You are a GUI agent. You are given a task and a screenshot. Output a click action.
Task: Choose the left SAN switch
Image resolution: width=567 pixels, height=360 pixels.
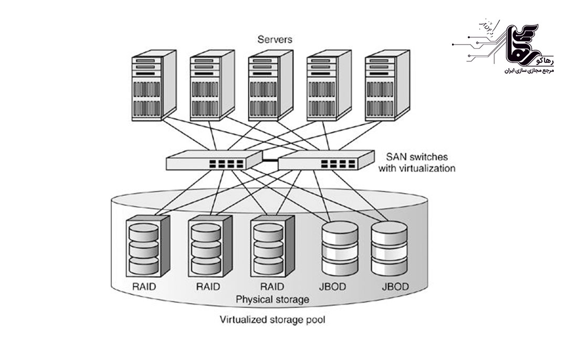(214, 160)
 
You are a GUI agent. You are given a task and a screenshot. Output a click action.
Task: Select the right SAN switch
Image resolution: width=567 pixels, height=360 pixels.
(325, 160)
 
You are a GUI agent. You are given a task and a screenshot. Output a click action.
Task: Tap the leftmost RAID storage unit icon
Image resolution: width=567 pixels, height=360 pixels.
(149, 246)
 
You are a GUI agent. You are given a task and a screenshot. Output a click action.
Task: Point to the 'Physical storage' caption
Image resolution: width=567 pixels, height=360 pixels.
(272, 300)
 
